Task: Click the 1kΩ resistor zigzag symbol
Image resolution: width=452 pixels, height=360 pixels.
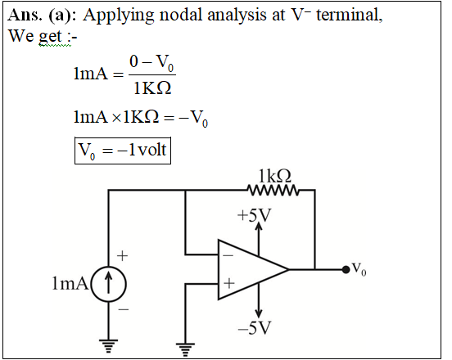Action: pos(273,191)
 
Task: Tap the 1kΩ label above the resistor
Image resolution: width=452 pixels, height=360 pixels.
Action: pos(274,176)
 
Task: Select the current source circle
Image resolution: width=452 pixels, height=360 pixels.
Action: pos(109,284)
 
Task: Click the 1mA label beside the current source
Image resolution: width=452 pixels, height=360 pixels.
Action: pos(70,283)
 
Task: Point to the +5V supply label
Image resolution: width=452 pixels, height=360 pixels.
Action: pos(254,215)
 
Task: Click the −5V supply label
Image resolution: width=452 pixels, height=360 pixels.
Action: pos(255,327)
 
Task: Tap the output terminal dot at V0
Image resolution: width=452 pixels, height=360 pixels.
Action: pos(346,269)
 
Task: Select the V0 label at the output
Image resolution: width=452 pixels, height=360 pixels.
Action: pos(359,269)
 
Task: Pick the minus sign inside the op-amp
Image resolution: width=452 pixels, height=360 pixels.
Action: pos(228,255)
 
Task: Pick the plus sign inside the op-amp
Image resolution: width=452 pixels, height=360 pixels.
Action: pos(229,283)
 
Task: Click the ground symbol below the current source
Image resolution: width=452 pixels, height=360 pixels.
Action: pos(108,346)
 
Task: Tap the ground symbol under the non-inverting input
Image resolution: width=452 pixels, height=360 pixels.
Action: pos(185,349)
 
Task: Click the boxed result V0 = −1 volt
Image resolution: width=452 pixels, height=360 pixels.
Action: pos(123,151)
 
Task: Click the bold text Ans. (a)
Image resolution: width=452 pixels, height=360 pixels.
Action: pos(40,15)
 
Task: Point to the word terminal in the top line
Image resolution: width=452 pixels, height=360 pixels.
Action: pos(350,15)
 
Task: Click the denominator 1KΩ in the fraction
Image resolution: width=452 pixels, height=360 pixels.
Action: pos(152,88)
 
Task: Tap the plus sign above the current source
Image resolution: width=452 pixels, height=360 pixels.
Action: pos(123,256)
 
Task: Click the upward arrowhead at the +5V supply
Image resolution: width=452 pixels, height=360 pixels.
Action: pos(259,226)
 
